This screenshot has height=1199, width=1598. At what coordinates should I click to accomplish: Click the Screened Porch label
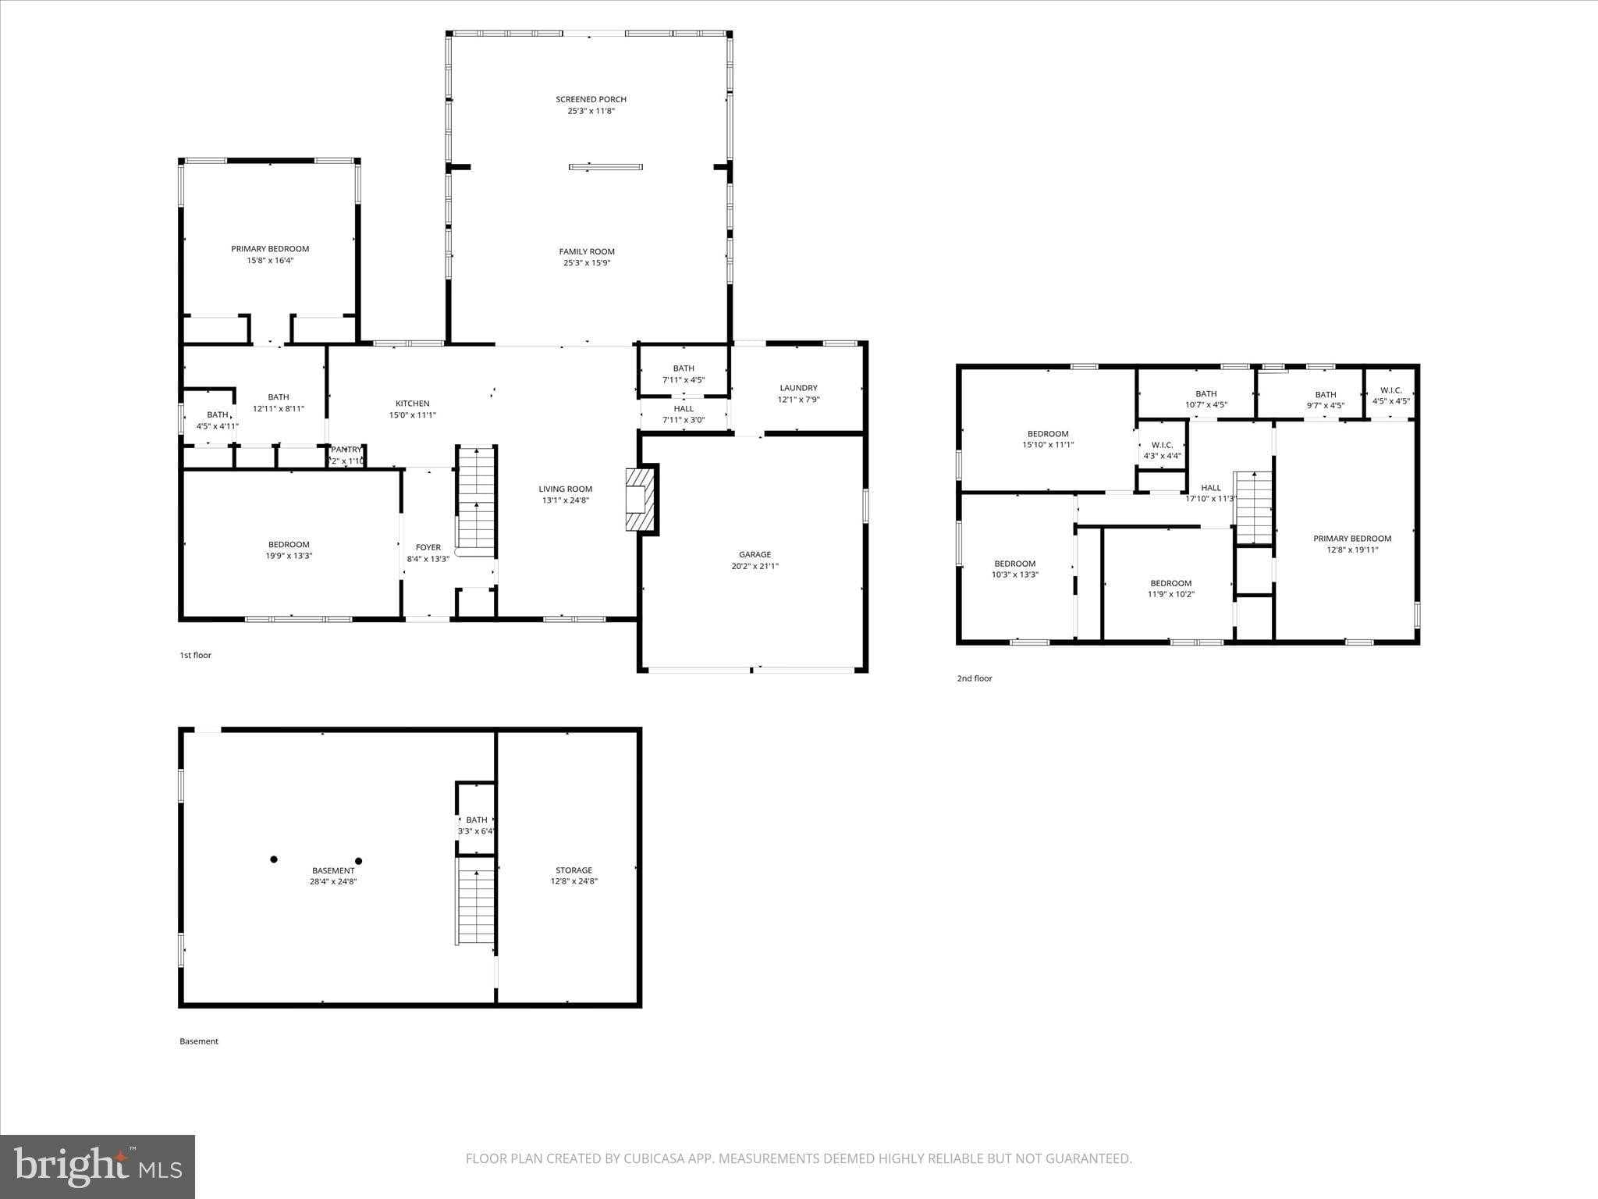coord(591,99)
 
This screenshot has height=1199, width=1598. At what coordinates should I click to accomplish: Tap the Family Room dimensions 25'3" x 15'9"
coord(587,263)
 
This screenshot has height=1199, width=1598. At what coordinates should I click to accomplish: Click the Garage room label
coord(755,554)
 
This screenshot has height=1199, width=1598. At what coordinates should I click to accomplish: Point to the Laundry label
coord(798,388)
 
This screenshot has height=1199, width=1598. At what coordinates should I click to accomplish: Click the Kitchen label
coord(412,404)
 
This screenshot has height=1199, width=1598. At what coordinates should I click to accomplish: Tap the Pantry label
coord(346,450)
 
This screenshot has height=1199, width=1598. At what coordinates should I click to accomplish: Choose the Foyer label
coord(428,547)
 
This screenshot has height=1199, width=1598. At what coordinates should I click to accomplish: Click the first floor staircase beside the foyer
coord(476,500)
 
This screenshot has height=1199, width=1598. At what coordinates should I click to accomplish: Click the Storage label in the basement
coord(574,870)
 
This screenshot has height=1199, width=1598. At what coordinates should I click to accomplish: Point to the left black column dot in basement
coord(274,859)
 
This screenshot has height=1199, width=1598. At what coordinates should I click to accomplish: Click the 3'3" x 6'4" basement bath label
coord(476,825)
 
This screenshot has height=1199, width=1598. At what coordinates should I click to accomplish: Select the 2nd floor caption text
coord(975,678)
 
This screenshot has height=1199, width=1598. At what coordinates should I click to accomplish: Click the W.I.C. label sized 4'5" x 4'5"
coord(1390,396)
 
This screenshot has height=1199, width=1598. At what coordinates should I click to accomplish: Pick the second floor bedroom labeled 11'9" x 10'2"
coord(1170,589)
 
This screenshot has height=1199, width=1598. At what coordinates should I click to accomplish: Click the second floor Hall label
coord(1211,488)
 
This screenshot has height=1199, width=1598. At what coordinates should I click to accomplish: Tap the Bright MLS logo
coord(98,1166)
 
